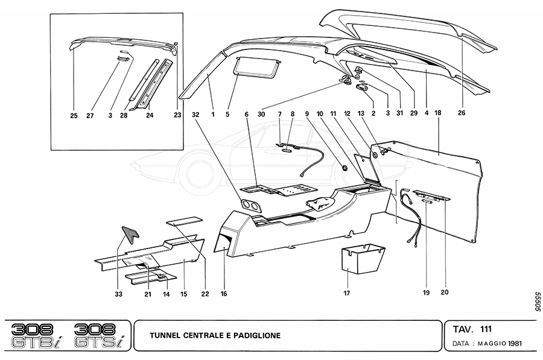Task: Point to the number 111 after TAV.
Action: [486, 329]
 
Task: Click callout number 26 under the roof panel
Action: [462, 113]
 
